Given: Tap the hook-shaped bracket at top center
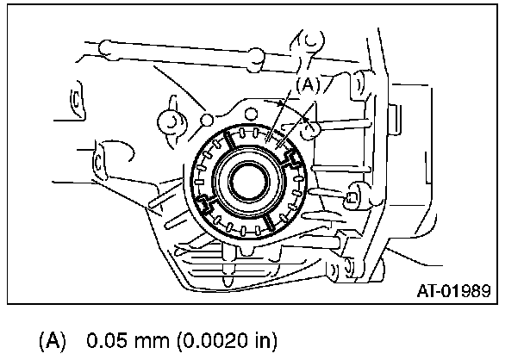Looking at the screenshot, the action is (311, 40).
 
